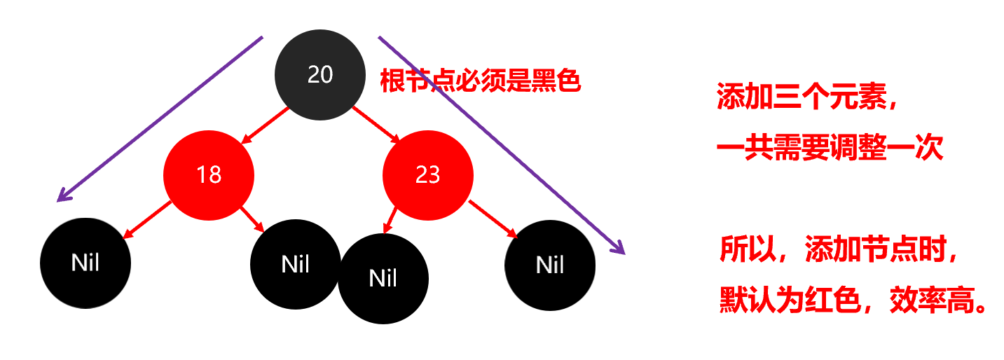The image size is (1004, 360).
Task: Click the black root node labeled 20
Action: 319,74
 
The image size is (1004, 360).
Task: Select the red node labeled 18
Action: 208,174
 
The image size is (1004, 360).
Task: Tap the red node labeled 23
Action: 427,174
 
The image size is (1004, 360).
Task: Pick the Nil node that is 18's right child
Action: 295,264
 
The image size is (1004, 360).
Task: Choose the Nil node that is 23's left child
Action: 383,278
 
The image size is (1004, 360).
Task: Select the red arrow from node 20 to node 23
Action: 376,126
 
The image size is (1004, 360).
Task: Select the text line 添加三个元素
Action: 806,98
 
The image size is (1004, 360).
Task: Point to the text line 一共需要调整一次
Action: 830,148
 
